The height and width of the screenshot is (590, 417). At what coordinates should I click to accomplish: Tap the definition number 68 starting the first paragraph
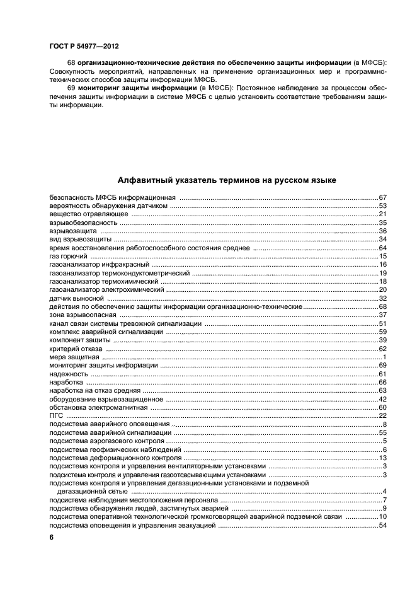click(x=71, y=64)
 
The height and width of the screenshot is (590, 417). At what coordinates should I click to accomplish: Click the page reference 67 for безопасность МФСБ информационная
click(x=382, y=198)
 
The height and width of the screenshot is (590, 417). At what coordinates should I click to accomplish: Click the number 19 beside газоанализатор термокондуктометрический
click(x=382, y=272)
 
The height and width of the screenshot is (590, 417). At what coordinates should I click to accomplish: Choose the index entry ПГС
click(x=56, y=416)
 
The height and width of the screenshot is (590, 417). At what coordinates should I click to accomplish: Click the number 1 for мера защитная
click(x=384, y=357)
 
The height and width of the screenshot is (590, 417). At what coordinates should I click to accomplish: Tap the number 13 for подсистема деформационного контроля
click(x=382, y=458)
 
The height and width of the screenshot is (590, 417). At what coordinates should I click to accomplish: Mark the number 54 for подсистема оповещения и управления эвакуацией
click(x=382, y=526)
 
